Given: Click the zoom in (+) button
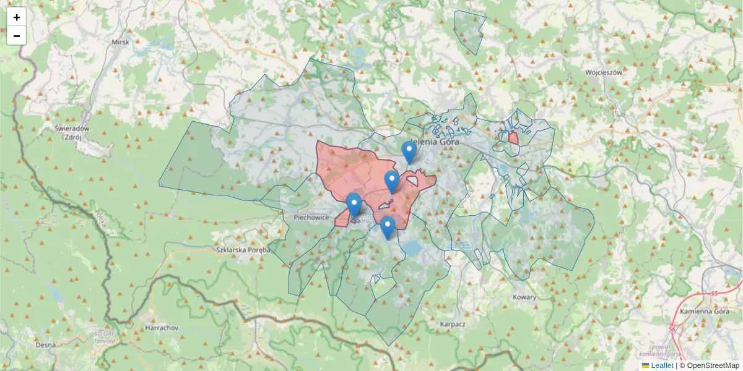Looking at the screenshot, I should (17, 17).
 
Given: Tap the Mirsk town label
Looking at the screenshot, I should (119, 42).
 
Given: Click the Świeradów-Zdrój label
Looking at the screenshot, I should (73, 132).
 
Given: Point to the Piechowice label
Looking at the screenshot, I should (311, 218).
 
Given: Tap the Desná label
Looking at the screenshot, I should (46, 344).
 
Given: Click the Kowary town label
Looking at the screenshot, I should (524, 297).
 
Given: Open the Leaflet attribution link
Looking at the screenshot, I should (662, 365).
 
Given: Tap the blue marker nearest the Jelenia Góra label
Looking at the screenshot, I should (409, 152).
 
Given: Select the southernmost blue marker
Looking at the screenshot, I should (388, 228).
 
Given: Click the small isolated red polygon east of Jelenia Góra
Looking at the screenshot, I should (513, 138).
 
